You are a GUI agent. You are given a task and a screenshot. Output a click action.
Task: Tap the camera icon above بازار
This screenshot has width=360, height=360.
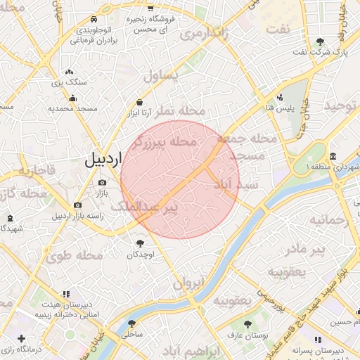pos(103,183)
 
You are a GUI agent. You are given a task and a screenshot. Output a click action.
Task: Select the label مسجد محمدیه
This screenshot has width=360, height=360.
pos(71,109)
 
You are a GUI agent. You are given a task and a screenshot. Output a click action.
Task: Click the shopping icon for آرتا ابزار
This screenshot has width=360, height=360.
pos(139,103)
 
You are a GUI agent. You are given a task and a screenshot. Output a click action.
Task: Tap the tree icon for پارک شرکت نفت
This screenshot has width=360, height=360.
pos(321,41)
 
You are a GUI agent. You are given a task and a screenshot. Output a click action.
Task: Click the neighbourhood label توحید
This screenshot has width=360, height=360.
pos(340,106)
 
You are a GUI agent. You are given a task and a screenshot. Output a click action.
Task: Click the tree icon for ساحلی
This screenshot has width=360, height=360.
pos(131,323)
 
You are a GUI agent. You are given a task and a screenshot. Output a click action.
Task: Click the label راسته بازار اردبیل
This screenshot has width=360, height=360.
pos(76,215)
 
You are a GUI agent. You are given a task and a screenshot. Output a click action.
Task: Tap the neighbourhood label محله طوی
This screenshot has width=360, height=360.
pos(75,255)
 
